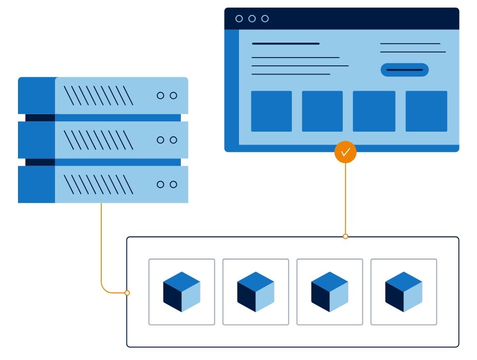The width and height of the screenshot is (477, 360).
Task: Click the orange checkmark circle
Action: coord(345,152)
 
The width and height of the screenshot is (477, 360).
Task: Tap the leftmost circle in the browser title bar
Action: coord(239,19)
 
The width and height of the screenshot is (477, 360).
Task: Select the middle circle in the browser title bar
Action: coord(252,19)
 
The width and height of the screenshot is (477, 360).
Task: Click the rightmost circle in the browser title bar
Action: coord(265,19)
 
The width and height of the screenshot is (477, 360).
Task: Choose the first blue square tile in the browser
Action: coord(271,111)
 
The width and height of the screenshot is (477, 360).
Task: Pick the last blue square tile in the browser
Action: coord(426,111)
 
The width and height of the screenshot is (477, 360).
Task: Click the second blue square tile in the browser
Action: coord(322,111)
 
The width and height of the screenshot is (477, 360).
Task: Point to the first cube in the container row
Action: coord(181,292)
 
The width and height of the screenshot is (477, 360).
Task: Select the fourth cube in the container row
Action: coord(403,292)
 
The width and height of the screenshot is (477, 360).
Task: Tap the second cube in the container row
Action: coord(255,292)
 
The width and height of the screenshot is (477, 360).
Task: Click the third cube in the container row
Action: coord(329,292)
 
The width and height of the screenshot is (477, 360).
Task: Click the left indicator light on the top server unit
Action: coord(160,96)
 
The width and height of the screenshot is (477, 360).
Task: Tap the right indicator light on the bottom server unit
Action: coord(173,184)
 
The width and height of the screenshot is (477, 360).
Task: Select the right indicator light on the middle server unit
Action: coord(173,140)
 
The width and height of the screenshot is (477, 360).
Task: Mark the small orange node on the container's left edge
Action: coord(127,293)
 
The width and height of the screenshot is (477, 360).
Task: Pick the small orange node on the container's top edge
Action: coord(345,237)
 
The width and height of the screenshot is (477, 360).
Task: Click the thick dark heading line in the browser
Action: coord(285,44)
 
